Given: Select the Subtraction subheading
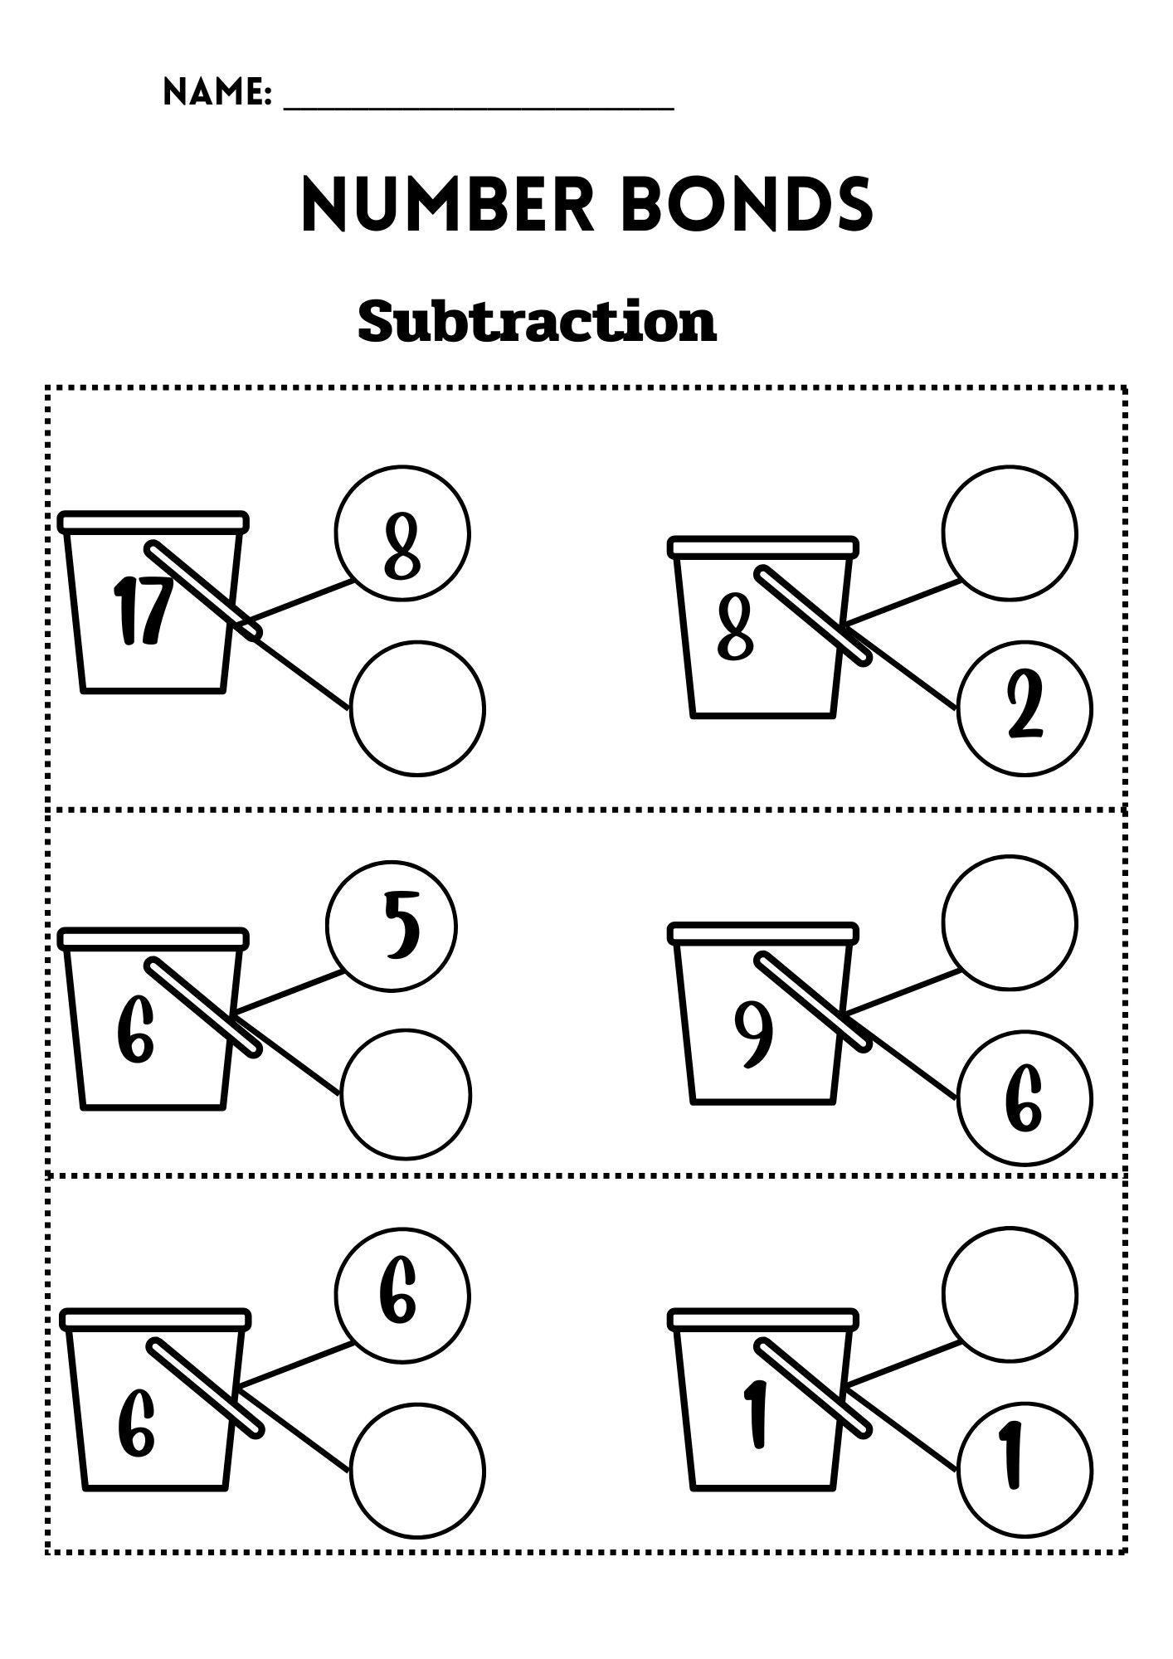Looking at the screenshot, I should tap(537, 322).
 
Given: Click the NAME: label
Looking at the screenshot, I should tap(217, 92).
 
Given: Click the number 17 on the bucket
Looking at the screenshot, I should tap(143, 612).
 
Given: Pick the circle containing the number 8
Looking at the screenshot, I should tap(403, 533).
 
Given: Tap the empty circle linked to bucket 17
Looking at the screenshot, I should tap(417, 708).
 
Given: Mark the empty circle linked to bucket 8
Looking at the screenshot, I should tap(1010, 533).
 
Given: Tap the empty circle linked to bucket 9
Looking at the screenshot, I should tap(1010, 922).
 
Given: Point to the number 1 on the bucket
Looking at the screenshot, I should tap(755, 1415).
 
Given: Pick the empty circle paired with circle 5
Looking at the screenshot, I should tap(406, 1095).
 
